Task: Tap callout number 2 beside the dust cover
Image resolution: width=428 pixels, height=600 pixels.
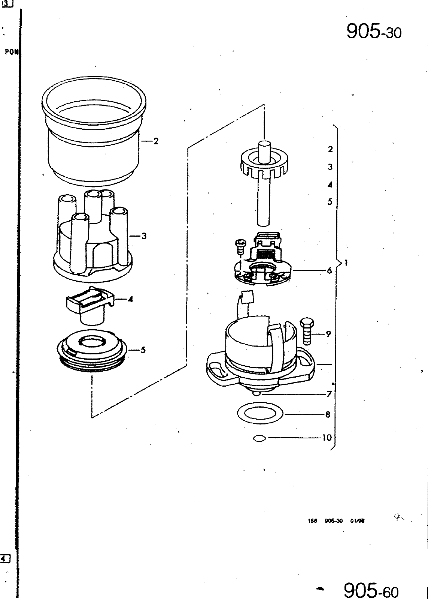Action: pyautogui.click(x=156, y=141)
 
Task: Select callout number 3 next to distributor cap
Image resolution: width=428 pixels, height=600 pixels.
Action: pyautogui.click(x=144, y=236)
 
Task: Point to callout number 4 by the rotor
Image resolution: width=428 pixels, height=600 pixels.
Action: pyautogui.click(x=130, y=299)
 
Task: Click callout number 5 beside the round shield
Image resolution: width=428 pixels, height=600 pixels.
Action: pyautogui.click(x=143, y=350)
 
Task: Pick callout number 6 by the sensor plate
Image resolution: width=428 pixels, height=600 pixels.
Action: pyautogui.click(x=329, y=270)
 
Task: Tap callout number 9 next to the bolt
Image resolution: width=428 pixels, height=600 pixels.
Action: pyautogui.click(x=328, y=333)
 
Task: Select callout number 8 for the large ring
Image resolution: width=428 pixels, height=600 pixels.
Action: pyautogui.click(x=328, y=415)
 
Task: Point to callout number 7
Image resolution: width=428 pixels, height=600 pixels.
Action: pyautogui.click(x=328, y=394)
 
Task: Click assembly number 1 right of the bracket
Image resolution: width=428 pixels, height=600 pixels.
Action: pyautogui.click(x=347, y=263)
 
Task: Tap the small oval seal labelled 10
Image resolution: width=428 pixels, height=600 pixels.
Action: pyautogui.click(x=259, y=438)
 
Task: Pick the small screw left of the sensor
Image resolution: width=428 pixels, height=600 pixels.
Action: pyautogui.click(x=239, y=247)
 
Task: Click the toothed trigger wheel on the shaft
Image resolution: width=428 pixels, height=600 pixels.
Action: pyautogui.click(x=264, y=163)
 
